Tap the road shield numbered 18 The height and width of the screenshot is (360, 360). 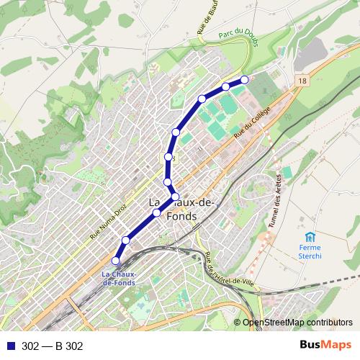pyautogui.click(x=301, y=83)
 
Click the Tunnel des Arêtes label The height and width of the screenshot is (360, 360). pyautogui.click(x=274, y=202)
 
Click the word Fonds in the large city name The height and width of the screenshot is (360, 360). pyautogui.click(x=181, y=216)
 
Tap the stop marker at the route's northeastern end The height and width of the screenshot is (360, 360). pyautogui.click(x=244, y=79)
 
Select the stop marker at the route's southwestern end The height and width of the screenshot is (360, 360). pyautogui.click(x=116, y=260)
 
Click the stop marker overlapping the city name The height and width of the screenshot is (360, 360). pyautogui.click(x=175, y=197)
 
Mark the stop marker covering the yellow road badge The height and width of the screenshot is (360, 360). pyautogui.click(x=168, y=157)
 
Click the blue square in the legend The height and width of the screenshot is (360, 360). pyautogui.click(x=10, y=346)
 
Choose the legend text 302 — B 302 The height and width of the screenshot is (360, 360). pyautogui.click(x=53, y=346)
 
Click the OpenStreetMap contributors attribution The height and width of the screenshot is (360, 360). pyautogui.click(x=297, y=323)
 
